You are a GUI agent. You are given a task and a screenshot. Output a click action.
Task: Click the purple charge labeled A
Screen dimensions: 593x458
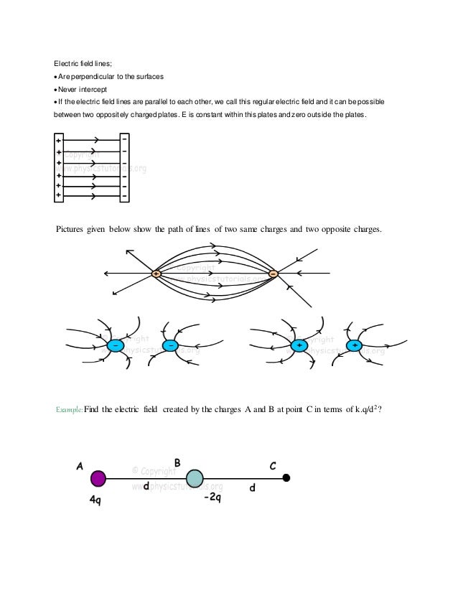[98, 477]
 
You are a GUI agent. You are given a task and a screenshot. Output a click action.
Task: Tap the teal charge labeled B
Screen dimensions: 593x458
[195, 478]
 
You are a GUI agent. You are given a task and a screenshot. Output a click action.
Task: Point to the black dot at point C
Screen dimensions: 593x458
[286, 478]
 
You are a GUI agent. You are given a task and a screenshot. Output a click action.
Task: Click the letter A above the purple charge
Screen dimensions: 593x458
[80, 464]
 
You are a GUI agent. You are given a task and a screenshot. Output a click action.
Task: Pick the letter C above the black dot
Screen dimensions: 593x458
[273, 466]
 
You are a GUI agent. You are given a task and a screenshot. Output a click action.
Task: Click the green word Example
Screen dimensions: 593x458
[69, 410]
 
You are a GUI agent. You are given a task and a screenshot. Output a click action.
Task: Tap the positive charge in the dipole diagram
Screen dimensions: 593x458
[156, 274]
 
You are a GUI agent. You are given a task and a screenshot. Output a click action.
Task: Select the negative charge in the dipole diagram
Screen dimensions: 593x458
[273, 274]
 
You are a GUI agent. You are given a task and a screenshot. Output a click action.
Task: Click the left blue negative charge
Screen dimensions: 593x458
[115, 346]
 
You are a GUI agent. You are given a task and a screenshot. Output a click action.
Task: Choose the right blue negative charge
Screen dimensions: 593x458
[170, 346]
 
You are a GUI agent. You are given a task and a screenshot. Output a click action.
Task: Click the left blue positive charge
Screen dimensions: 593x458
[298, 346]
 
